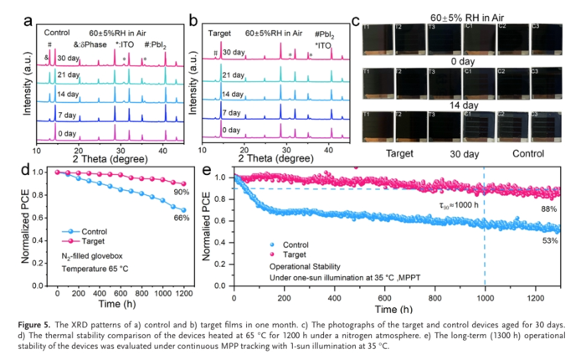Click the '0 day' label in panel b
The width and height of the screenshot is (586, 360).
point(234,131)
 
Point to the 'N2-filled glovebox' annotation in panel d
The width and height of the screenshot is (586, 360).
point(86,256)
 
